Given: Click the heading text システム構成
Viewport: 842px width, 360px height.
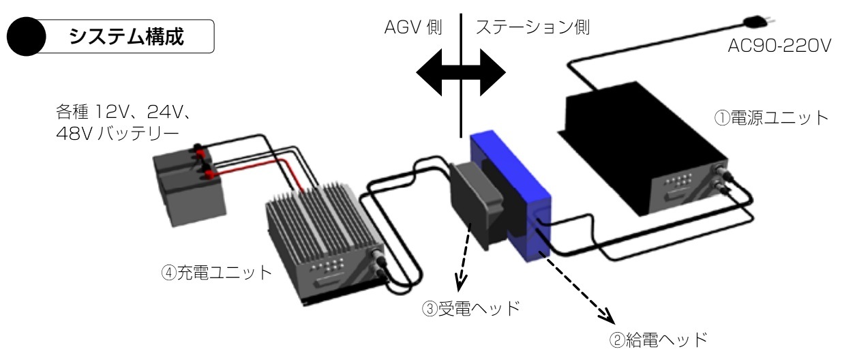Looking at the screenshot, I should tap(127, 36).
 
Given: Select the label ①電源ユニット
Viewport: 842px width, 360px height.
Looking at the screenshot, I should tap(771, 118).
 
